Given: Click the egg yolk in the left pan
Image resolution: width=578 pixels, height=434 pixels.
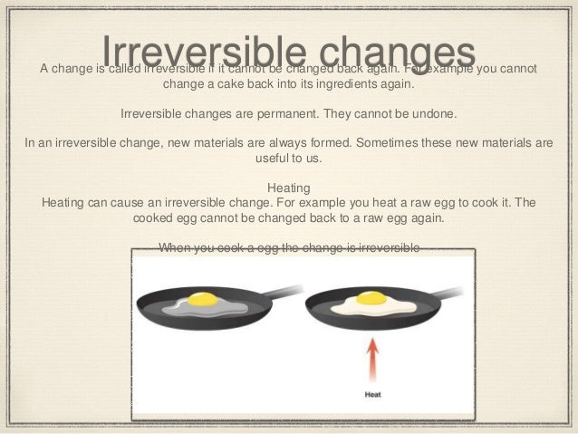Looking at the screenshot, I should point(206,297).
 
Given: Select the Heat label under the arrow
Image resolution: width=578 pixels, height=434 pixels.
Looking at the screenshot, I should point(372,394).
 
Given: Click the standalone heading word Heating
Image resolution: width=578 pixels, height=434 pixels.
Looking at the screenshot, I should point(290,188).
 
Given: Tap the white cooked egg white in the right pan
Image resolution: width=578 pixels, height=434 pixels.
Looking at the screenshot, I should point(392,309).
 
